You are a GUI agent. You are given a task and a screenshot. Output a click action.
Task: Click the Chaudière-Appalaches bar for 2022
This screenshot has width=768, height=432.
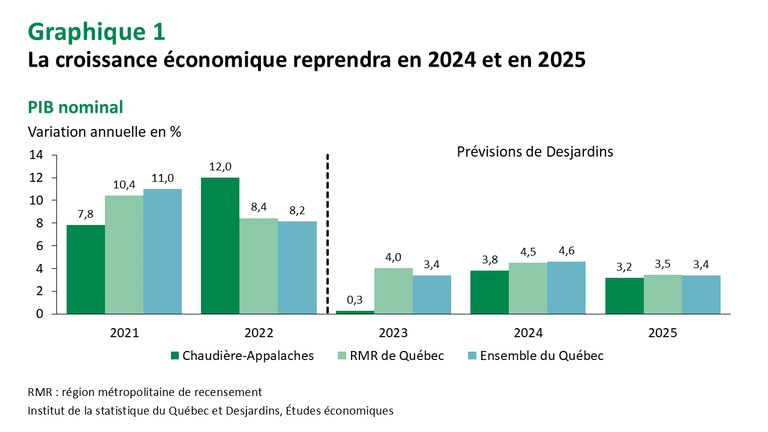point(220,245)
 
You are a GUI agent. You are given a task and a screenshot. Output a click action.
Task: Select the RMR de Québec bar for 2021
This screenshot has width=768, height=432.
point(124,254)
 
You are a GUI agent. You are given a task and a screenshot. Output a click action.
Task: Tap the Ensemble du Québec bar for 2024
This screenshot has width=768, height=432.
point(566,287)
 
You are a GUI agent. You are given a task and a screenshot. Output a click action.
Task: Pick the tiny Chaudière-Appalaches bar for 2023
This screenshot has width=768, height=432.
point(355,311)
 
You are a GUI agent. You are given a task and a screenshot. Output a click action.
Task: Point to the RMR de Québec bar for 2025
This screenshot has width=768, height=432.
point(662,294)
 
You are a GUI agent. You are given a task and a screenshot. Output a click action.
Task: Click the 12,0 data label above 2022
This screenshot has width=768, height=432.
point(220,167)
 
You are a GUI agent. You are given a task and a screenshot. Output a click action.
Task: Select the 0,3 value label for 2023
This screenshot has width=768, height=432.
point(355,300)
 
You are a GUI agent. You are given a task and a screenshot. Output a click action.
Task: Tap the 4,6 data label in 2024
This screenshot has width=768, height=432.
point(566,251)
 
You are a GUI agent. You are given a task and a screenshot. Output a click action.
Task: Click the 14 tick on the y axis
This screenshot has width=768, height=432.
point(35,155)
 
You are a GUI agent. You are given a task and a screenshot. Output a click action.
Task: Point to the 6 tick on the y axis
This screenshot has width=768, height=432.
point(39,246)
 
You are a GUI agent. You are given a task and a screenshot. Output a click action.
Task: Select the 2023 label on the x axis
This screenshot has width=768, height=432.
point(394,333)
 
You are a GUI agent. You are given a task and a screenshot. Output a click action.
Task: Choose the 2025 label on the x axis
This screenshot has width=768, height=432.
point(662,333)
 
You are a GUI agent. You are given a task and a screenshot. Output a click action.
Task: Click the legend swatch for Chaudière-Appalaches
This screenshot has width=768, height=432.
point(175,356)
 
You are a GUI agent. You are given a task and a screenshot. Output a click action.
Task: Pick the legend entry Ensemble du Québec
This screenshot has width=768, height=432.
point(543,356)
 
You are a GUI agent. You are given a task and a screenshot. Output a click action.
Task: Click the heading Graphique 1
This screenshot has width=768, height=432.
point(96,32)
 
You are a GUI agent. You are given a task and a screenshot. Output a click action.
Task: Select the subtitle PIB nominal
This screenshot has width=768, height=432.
point(76,107)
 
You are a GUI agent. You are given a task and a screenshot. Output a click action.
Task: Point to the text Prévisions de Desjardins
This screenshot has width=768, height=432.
point(535,152)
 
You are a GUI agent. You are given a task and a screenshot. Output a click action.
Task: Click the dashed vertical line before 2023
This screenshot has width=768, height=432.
point(328,234)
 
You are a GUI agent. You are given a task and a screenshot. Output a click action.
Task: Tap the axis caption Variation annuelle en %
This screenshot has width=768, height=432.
point(104,131)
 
